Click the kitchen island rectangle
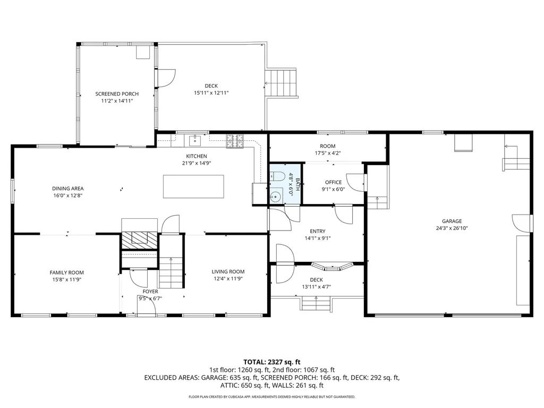point(193,186)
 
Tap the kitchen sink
point(195,141)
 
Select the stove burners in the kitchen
point(235,141)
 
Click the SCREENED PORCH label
point(117,93)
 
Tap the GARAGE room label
point(452,221)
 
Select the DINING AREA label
point(67,189)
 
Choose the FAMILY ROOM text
point(66,273)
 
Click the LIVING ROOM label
point(228,271)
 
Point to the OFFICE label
point(333,182)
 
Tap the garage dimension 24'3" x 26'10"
point(452,228)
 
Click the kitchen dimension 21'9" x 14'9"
point(197,163)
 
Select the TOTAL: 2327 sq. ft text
point(271,362)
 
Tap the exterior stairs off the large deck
point(282,82)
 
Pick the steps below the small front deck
point(316,303)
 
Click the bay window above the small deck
point(332,267)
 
